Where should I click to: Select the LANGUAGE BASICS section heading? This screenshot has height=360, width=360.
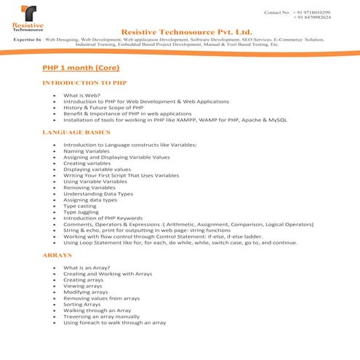point(76,132)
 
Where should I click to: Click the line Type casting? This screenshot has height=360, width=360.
point(80,206)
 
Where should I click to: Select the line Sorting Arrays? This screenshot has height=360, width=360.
point(81,304)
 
